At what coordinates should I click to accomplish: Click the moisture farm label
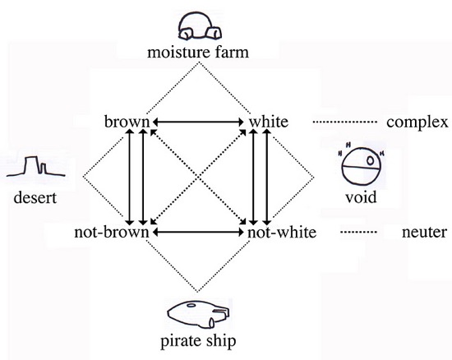[x=198, y=53]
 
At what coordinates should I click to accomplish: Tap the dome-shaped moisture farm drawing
[x=200, y=26]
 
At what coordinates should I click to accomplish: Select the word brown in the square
[x=127, y=122]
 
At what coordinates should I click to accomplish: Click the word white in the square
[x=269, y=122]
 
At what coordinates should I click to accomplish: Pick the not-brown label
[x=112, y=232]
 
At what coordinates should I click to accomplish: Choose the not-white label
[x=282, y=232]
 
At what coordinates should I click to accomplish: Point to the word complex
[x=417, y=122]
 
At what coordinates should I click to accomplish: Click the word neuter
[x=424, y=233]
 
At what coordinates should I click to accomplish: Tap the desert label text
[x=35, y=198]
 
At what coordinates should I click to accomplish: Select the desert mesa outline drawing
[x=35, y=167]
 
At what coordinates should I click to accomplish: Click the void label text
[x=361, y=197]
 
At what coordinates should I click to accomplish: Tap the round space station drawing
[x=362, y=166]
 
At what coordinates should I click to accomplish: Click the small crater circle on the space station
[x=371, y=160]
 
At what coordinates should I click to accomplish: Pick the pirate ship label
[x=198, y=341]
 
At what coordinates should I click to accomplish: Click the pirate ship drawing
[x=198, y=315]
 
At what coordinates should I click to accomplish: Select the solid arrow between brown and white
[x=198, y=122]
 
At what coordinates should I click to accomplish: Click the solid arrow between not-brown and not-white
[x=198, y=232]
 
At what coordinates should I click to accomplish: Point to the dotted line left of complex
[x=345, y=122]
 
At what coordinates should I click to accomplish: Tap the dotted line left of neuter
[x=358, y=232]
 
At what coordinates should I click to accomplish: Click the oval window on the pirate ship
[x=191, y=305]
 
